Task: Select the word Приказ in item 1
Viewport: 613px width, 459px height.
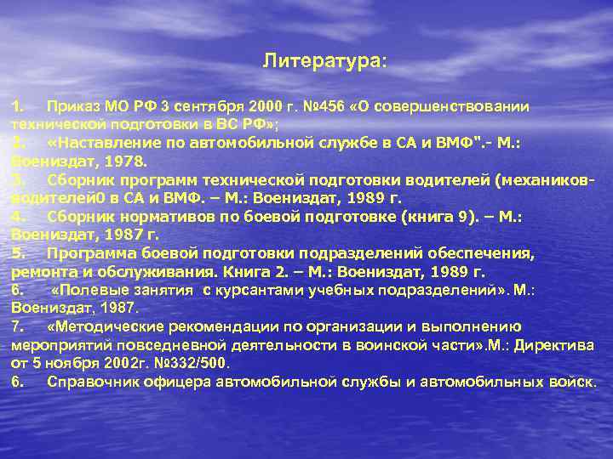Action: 74,107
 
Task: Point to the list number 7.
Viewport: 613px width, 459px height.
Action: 17,326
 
